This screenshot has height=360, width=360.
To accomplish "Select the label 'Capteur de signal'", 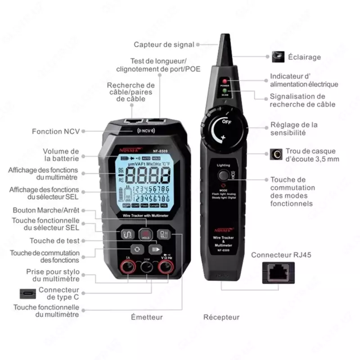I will tap(164, 45).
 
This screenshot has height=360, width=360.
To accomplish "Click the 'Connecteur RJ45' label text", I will tap(281, 255).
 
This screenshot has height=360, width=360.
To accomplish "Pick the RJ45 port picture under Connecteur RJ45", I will tap(278, 273).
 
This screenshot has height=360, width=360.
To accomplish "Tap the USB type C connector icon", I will tap(27, 293).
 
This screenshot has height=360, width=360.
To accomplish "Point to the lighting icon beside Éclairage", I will tap(278, 57).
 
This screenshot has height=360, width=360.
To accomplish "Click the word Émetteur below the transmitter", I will tap(147, 317).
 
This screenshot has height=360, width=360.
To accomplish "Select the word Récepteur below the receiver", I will tap(221, 317).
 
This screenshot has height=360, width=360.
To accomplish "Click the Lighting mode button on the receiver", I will tap(223, 175).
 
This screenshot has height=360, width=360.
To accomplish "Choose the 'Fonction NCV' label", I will tap(55, 131).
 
